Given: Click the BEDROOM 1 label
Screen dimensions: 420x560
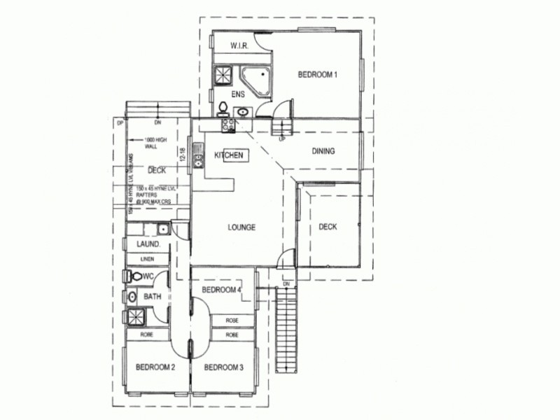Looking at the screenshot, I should pos(318,75).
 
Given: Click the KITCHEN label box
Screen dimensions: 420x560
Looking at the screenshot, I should pos(229,155).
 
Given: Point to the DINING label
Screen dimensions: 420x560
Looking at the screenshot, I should pos(323,151).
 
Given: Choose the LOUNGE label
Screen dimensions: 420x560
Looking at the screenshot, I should pos(241,227).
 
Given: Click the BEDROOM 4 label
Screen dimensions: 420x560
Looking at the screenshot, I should pos(221,290).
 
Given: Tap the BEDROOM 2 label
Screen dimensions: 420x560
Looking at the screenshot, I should pos(155,367).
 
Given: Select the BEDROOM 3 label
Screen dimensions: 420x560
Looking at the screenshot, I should pos(224,367).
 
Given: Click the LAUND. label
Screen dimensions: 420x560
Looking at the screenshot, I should pos(149,244).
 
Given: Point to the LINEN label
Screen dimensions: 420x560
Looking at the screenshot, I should pos(147,259).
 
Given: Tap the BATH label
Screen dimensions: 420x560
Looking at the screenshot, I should pos(153,297).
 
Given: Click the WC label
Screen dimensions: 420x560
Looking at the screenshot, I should pos(148,277).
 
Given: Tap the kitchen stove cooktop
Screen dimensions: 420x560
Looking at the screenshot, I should pos(227,125).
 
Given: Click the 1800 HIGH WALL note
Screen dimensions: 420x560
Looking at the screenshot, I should pos(156,143).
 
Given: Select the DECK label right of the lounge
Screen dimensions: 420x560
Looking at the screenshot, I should pos(328,227).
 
